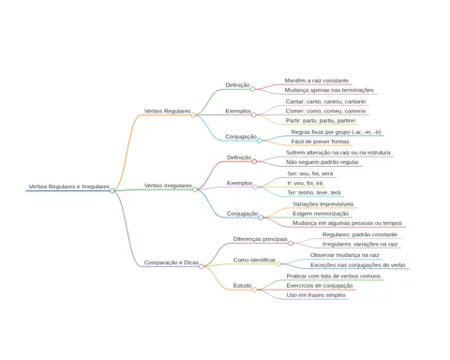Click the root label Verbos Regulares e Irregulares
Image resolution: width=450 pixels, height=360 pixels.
69,187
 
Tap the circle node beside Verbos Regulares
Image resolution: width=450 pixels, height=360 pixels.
193,115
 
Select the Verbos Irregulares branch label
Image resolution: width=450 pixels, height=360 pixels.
168,186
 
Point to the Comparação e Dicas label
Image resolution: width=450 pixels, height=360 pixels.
172,262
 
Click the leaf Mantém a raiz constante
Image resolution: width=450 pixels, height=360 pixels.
316,81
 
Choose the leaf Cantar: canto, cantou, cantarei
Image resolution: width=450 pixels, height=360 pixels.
325,101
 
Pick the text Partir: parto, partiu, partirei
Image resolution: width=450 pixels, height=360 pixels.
321,121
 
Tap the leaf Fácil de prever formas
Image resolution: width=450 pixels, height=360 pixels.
320,142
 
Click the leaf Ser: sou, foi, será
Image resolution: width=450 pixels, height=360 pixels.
310,173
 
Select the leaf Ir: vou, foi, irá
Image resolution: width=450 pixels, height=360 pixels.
305,183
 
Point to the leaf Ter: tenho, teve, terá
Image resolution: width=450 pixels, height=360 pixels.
314,193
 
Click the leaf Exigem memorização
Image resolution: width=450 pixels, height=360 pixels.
321,214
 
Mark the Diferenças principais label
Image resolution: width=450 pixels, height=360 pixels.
261,239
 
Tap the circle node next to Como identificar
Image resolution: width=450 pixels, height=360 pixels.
278,264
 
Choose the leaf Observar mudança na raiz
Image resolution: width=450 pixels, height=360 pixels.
345,255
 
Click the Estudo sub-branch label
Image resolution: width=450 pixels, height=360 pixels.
243,286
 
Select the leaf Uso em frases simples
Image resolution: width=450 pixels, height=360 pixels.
316,295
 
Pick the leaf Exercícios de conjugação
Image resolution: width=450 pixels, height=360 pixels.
320,286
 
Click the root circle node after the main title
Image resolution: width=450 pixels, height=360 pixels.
112,190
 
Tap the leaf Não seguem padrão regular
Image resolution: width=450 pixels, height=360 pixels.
322,162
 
